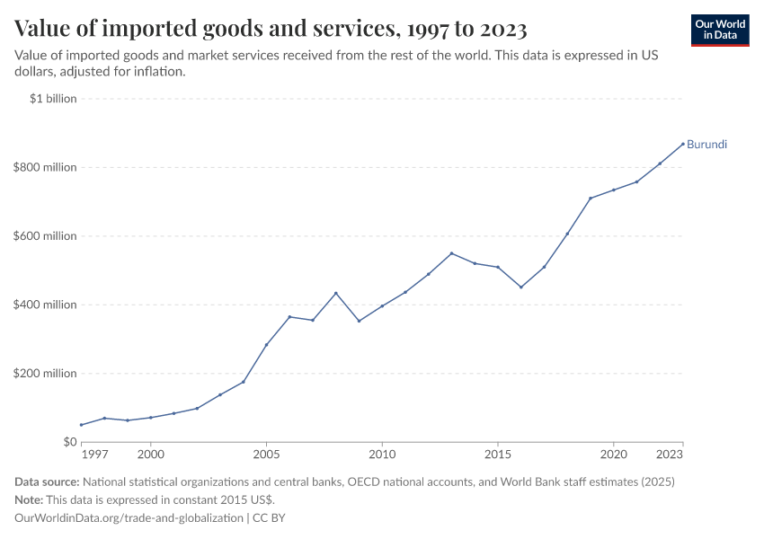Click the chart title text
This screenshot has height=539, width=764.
[x=271, y=29]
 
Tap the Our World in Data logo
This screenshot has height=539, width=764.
[x=720, y=30]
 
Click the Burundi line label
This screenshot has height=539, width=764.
[x=706, y=145]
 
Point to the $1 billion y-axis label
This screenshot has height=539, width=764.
[x=53, y=99]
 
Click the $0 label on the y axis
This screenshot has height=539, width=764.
[x=69, y=442]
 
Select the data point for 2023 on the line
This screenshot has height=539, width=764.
[x=683, y=143]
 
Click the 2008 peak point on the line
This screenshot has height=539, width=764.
[x=335, y=293]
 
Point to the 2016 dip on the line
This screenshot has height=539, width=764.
[x=521, y=287]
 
